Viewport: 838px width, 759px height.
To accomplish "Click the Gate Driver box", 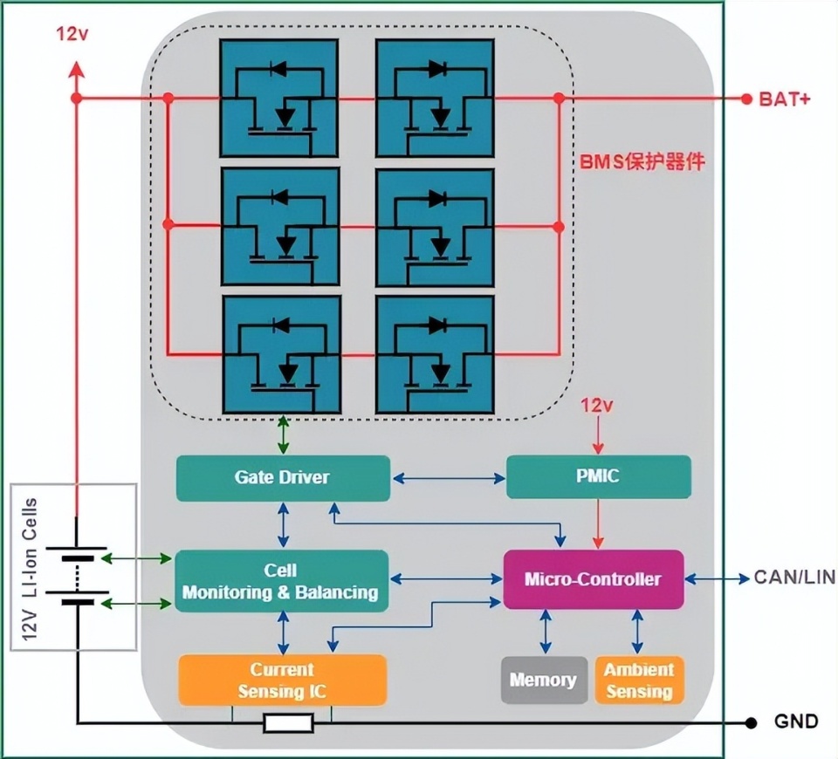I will (x=283, y=478).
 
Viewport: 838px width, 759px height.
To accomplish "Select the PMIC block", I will (x=598, y=477).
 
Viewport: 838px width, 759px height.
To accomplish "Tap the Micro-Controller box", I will (x=593, y=579).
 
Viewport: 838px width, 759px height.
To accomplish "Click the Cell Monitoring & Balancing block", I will (x=280, y=581).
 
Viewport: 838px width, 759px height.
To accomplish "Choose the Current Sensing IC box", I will (x=282, y=680).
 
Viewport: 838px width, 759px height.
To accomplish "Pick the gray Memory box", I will (x=543, y=680).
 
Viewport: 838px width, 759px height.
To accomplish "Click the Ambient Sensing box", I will (x=639, y=680).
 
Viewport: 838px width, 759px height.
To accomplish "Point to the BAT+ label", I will (x=784, y=99).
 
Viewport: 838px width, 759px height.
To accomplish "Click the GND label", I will (x=796, y=721).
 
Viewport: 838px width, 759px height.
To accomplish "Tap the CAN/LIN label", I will (x=793, y=578).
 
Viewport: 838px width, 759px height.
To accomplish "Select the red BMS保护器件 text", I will (x=642, y=162).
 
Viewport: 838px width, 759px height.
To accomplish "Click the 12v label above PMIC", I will (x=599, y=407).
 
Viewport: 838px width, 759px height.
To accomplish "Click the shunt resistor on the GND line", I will (x=289, y=723).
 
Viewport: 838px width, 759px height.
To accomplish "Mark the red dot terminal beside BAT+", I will (x=746, y=99).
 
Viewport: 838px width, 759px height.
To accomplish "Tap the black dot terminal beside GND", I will (x=751, y=722).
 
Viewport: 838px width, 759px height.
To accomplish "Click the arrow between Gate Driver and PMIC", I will (x=449, y=478).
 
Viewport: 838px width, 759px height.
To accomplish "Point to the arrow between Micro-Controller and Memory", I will (x=546, y=632).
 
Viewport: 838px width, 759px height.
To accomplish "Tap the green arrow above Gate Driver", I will (x=282, y=435).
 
